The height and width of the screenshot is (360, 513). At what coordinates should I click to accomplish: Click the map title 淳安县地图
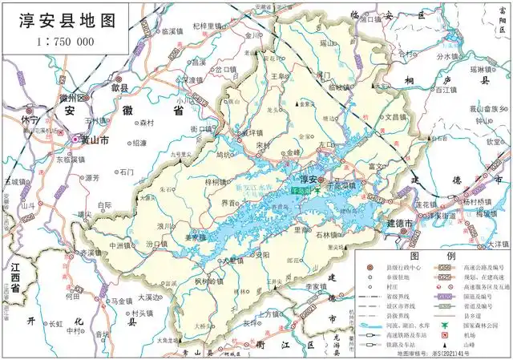(64, 20)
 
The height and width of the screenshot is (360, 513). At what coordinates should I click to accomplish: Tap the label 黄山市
(94, 139)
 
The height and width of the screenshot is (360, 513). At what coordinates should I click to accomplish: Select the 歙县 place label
(119, 88)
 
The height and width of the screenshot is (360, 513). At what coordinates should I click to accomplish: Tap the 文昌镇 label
(398, 116)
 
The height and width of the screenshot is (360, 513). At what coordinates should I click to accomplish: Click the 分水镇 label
(468, 56)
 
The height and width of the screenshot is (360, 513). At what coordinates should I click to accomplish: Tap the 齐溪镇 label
(91, 253)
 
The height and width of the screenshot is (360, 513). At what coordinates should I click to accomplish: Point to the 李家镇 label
(316, 286)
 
